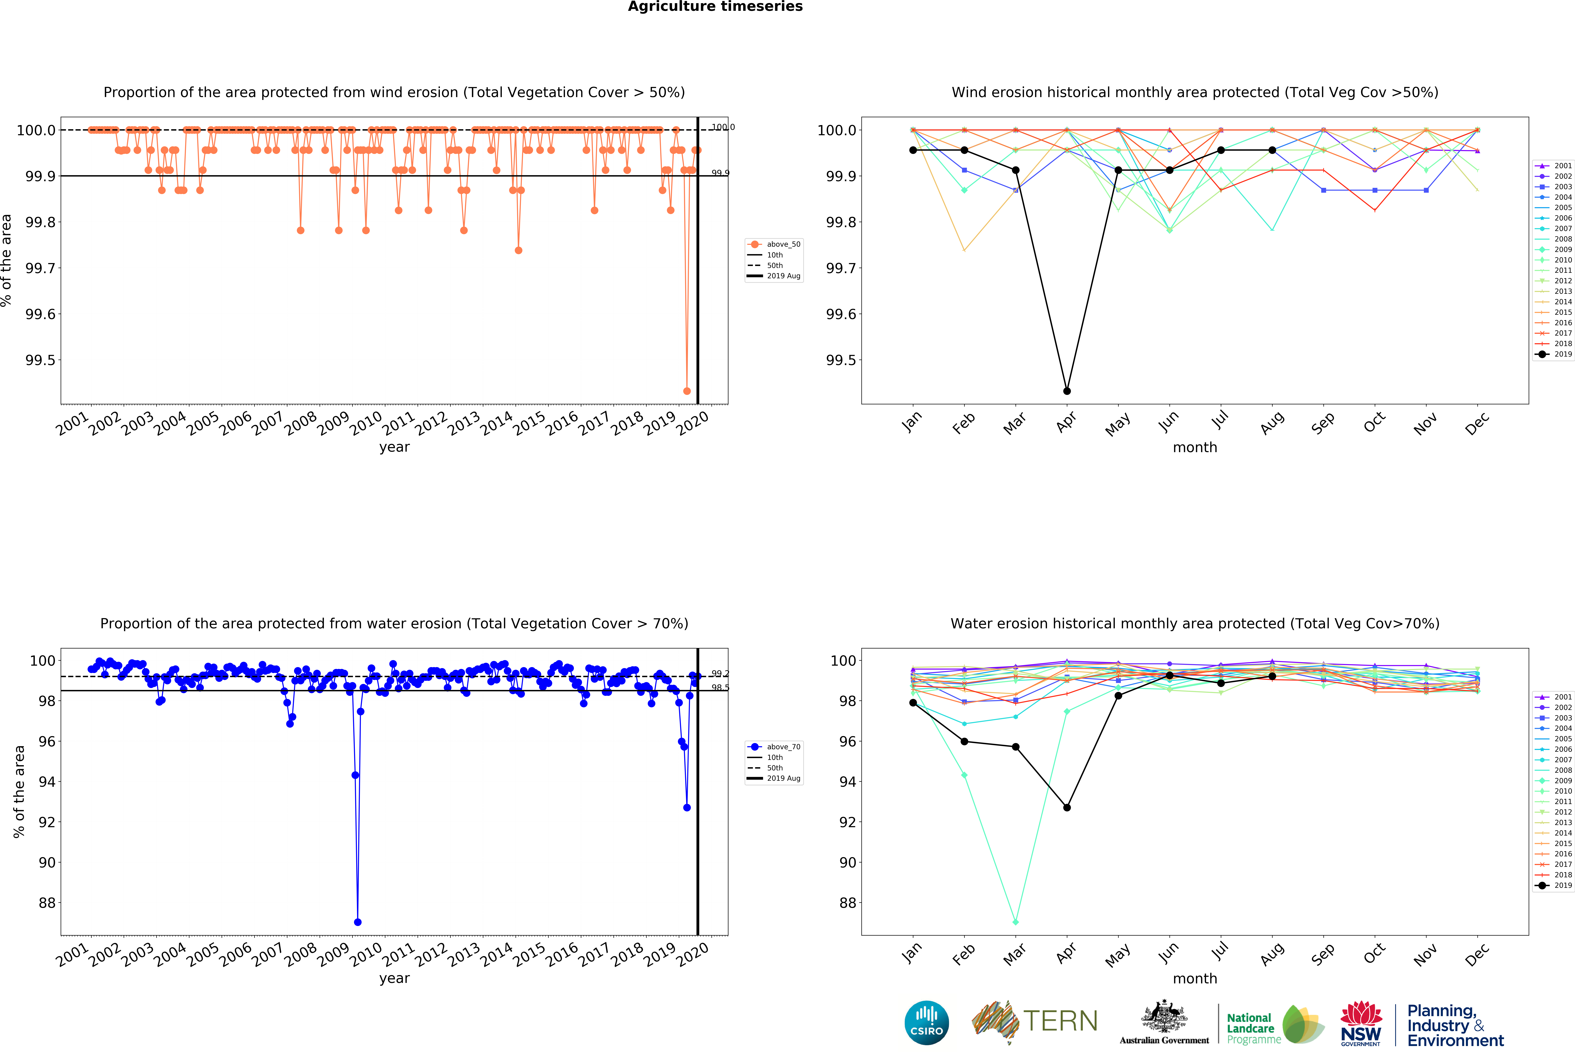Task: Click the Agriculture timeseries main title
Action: tap(715, 7)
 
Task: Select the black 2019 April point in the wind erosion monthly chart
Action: tap(1067, 391)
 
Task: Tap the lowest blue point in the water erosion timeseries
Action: tap(358, 922)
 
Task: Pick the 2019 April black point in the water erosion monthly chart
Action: tap(1067, 807)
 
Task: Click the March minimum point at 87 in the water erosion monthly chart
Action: tap(1015, 922)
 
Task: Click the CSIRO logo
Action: tap(926, 1023)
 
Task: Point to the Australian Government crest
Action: tap(1164, 1016)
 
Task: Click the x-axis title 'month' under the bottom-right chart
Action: tap(1195, 979)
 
